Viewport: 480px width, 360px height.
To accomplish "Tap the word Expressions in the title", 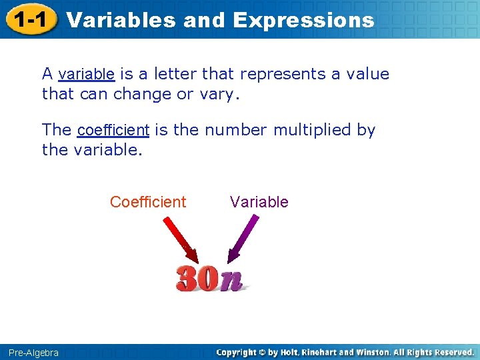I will (x=303, y=20).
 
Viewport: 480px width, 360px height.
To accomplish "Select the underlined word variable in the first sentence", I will (x=87, y=74).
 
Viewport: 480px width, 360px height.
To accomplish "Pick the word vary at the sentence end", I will (x=216, y=94).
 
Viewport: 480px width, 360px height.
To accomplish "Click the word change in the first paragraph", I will (x=142, y=94).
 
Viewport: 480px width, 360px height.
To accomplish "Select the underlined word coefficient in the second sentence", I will (x=113, y=130).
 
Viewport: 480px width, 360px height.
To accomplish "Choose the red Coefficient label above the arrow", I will (x=148, y=202).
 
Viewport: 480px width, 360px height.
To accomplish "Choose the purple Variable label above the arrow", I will (x=259, y=202).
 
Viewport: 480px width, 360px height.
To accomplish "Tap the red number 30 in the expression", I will (x=197, y=279).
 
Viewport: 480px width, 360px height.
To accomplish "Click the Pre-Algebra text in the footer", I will (x=33, y=352).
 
